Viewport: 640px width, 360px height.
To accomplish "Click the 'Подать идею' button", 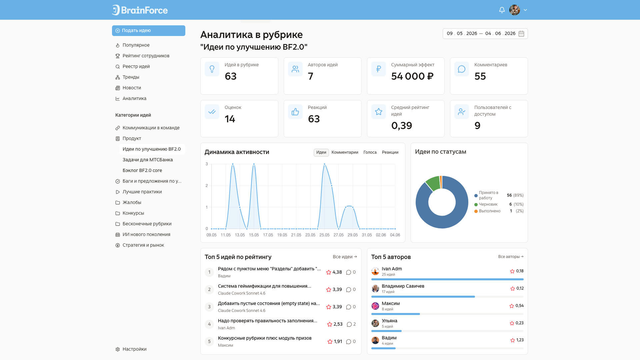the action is point(148,31).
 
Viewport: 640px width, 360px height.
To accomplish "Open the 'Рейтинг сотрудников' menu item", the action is point(146,56).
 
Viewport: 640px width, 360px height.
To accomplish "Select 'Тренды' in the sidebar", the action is point(131,77).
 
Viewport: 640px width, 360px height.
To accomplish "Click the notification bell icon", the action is point(502,10).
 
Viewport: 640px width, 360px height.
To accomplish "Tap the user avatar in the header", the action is point(514,10).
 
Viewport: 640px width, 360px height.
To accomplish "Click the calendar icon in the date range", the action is point(521,34).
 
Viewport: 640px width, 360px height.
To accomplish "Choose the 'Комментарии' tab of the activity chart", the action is point(345,152).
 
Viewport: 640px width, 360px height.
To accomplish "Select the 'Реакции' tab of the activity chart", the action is point(390,152).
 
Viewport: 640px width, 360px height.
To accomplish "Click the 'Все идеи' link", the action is point(345,257).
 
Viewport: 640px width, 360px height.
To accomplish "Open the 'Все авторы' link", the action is point(511,257).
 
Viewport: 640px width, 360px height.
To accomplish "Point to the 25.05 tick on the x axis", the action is point(324,235).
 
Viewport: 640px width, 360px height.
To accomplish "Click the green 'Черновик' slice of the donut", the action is point(433,183).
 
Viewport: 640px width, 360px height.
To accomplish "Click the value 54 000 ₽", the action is point(412,76).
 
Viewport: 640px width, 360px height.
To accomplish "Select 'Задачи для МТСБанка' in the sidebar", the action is point(148,160).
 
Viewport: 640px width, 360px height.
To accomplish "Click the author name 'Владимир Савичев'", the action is point(403,286).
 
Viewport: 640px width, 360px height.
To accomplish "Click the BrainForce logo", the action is point(140,10).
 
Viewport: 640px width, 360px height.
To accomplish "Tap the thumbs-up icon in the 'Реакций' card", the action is point(295,112).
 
